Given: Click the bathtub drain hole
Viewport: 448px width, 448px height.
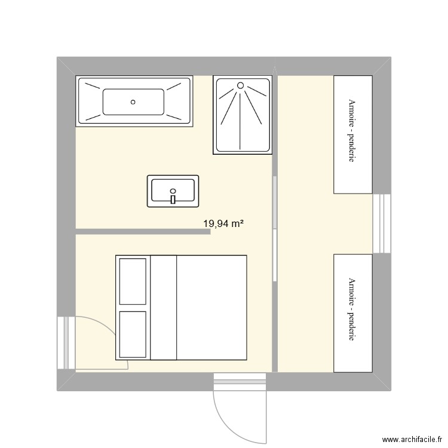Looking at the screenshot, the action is click(133, 102).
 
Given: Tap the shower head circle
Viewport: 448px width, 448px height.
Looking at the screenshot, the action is click(241, 85).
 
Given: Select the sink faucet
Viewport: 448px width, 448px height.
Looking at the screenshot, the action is click(173, 197).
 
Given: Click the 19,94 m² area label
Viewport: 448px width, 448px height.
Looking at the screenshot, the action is click(223, 223).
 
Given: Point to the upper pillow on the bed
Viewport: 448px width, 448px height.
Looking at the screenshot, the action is click(133, 281).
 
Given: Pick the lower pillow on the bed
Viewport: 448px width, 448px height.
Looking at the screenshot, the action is click(133, 335).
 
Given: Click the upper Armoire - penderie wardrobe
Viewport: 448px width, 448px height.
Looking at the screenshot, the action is click(353, 134).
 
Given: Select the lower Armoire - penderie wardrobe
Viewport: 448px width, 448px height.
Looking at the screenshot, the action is click(353, 313).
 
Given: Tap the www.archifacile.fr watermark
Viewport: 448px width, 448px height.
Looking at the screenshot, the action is click(412, 439).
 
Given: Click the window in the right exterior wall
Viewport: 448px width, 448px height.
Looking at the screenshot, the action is click(382, 224).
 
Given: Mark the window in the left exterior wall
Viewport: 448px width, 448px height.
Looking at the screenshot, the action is click(66, 343).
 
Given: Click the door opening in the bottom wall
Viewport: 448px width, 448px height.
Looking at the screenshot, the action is click(240, 382).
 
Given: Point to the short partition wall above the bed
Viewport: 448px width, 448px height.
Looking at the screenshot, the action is click(143, 232).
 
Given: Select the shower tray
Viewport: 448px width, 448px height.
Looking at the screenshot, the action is click(243, 115).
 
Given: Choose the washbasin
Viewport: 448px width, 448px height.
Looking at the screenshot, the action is click(173, 191).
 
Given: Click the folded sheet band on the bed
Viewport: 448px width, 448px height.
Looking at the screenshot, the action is click(164, 308).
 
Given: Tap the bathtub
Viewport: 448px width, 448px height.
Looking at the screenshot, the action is click(134, 101).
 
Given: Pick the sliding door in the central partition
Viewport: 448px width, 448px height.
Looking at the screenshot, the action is click(275, 229).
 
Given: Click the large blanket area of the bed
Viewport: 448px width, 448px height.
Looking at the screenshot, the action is click(211, 308).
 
